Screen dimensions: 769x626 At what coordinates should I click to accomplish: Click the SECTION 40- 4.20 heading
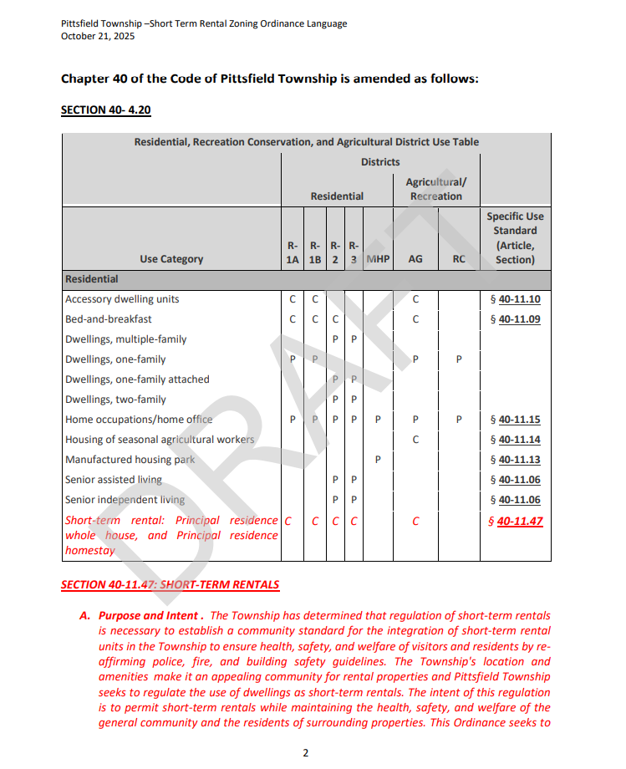pyautogui.click(x=105, y=109)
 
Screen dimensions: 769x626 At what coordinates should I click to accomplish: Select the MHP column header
pyautogui.click(x=378, y=259)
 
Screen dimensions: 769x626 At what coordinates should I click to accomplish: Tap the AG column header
pyautogui.click(x=415, y=259)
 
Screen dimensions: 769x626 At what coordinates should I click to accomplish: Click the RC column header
pyautogui.click(x=459, y=259)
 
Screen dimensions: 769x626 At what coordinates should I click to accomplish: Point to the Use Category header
pyautogui.click(x=171, y=259)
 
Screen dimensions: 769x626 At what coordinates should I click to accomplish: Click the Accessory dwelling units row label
pyautogui.click(x=122, y=299)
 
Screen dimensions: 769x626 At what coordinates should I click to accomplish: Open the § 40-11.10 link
pyautogui.click(x=515, y=299)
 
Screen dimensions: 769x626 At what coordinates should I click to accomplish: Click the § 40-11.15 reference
pyautogui.click(x=515, y=420)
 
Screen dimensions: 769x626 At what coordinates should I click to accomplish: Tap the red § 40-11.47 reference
pyautogui.click(x=515, y=522)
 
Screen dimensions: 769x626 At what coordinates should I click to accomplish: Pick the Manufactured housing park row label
pyautogui.click(x=130, y=460)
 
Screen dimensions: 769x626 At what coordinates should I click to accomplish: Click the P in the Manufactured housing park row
pyautogui.click(x=378, y=460)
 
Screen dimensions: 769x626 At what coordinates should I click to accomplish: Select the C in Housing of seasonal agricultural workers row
pyautogui.click(x=415, y=440)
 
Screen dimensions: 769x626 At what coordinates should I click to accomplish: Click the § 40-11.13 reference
pyautogui.click(x=515, y=460)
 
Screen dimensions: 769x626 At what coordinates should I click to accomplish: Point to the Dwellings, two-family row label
pyautogui.click(x=115, y=400)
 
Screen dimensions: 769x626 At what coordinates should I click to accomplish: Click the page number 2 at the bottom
pyautogui.click(x=306, y=753)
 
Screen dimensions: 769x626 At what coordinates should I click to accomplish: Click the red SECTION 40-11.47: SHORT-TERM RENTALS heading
pyautogui.click(x=170, y=585)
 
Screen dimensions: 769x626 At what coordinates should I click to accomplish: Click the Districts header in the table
pyautogui.click(x=380, y=162)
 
